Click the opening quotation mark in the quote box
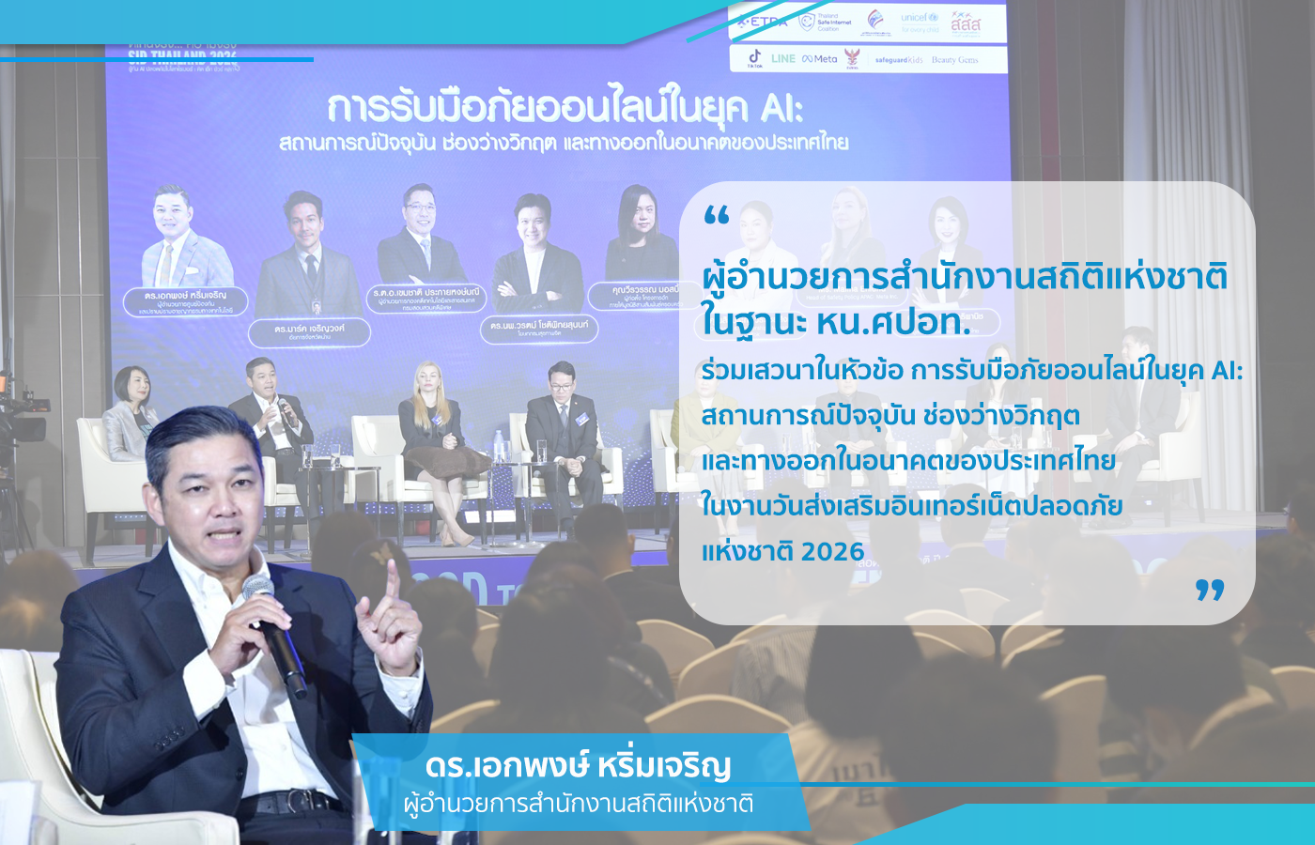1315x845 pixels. pos(716,217)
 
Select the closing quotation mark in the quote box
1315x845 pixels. pos(1210,590)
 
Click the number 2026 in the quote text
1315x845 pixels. pos(833,551)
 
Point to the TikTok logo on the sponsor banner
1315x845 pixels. pos(754,58)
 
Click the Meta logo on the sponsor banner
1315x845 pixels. pos(820,58)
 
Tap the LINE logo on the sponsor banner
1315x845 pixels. pos(782,58)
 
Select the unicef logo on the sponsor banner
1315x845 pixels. pos(919,21)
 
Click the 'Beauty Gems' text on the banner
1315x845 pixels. pos(954,60)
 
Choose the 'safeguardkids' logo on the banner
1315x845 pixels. pos(899,60)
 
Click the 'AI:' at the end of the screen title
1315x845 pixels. pos(781,109)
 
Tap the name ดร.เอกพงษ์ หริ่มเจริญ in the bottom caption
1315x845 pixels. pos(578,765)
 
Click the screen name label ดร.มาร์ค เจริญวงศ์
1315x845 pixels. pos(309,330)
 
